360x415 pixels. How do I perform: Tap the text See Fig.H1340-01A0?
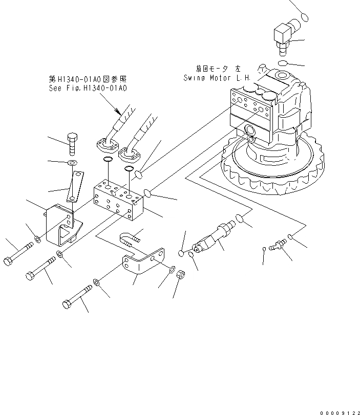pyautogui.click(x=88, y=89)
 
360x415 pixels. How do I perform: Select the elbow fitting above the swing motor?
pyautogui.click(x=283, y=36)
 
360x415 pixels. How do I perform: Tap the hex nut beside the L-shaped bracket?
pyautogui.click(x=181, y=275)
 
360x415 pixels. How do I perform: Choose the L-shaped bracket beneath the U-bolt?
pyautogui.click(x=144, y=265)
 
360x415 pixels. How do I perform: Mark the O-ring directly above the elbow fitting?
pyautogui.click(x=305, y=17)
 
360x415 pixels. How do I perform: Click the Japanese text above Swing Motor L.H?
pyautogui.click(x=217, y=69)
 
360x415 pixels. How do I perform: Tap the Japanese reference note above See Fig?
pyautogui.click(x=88, y=79)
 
